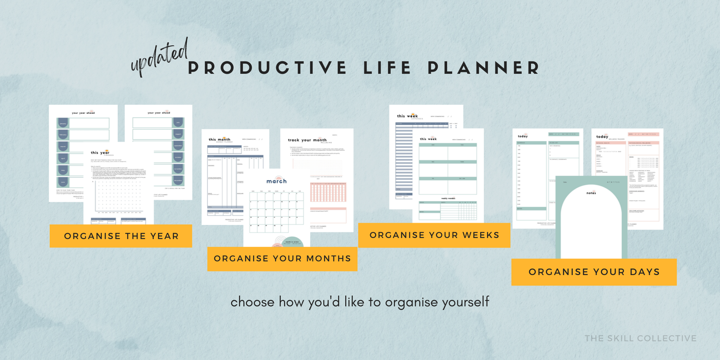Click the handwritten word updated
159,58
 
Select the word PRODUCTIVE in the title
267,68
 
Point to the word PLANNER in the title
483,68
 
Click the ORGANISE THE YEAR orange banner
121,236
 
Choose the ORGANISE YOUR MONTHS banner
282,259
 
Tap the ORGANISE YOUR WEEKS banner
434,235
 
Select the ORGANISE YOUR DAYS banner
594,272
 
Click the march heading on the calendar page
276,181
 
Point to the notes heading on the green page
591,193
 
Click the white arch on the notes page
591,226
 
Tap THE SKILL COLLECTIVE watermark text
640,338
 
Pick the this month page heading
219,139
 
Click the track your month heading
307,140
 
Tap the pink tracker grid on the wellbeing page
328,192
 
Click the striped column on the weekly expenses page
404,158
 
